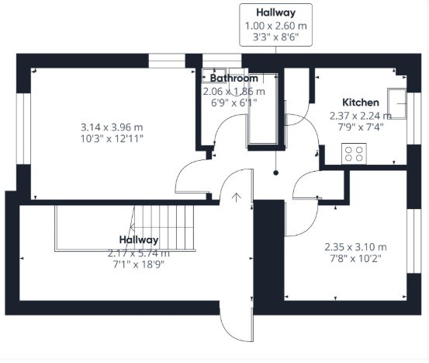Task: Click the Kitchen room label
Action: (361, 103)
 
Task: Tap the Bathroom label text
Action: (234, 79)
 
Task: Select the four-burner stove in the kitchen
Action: (354, 154)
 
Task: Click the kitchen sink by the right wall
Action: (396, 103)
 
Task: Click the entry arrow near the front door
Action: (236, 197)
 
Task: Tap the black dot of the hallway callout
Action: (276, 173)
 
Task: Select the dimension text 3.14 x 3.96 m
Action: (112, 127)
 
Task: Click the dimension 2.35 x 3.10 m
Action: (355, 247)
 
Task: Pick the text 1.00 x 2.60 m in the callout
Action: (276, 26)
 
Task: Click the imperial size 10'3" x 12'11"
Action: (112, 138)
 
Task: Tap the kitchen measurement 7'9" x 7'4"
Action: (361, 127)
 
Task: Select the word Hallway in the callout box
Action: (276, 12)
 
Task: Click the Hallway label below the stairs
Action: (139, 240)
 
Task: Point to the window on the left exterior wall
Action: (23, 129)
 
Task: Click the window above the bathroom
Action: (222, 61)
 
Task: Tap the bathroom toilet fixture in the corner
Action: (214, 75)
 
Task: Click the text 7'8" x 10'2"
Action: (355, 259)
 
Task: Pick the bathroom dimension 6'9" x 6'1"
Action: (234, 103)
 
